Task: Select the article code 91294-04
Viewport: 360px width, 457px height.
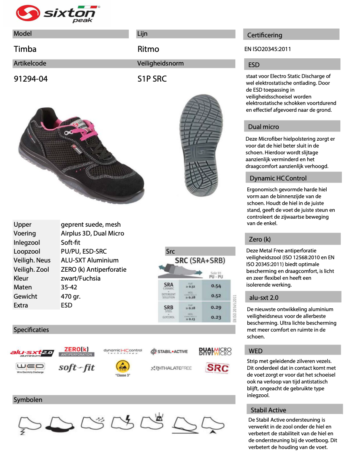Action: coord(31,79)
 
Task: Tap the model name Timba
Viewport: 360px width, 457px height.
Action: coord(25,49)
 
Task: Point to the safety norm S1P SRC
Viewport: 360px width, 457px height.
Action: coord(152,79)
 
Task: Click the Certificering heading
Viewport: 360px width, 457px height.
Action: coord(265,35)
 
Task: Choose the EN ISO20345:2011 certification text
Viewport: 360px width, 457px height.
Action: coord(267,49)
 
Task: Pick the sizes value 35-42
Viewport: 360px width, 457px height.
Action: coord(69,287)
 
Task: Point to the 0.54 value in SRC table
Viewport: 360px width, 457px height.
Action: coord(216,286)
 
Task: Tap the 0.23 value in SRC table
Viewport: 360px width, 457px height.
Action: coord(216,317)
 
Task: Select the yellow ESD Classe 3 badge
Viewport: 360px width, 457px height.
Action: coord(123,367)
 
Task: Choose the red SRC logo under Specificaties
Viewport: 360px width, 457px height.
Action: coord(217,367)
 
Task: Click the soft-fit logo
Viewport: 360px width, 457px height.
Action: coord(76,367)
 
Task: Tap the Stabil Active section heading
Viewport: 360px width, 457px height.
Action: coord(268,410)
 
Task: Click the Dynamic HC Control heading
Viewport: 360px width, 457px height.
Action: coord(278,178)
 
